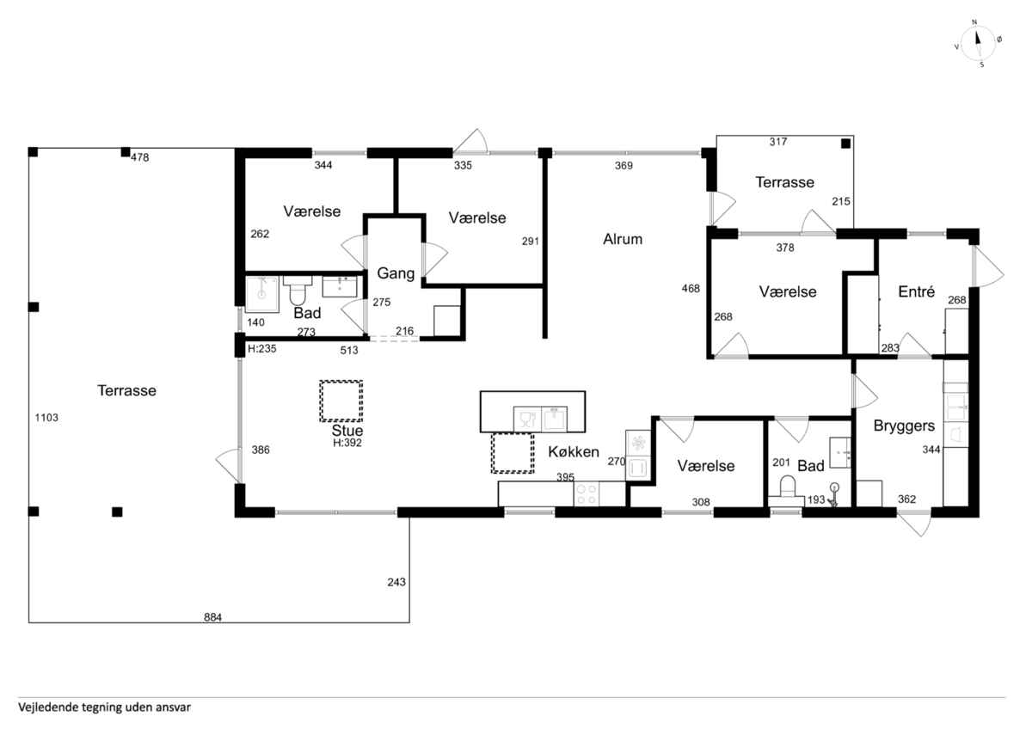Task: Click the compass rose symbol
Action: pyautogui.click(x=978, y=44)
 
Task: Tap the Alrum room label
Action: pyautogui.click(x=623, y=240)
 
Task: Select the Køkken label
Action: pyautogui.click(x=573, y=452)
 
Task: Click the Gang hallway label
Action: pyautogui.click(x=396, y=273)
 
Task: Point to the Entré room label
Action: pyautogui.click(x=917, y=291)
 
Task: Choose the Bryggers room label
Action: pyautogui.click(x=904, y=426)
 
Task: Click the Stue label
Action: pyautogui.click(x=347, y=431)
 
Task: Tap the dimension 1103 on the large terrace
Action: pyautogui.click(x=46, y=418)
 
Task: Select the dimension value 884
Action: pyautogui.click(x=213, y=617)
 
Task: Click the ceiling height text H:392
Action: pyautogui.click(x=347, y=443)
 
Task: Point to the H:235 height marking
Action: pyautogui.click(x=262, y=349)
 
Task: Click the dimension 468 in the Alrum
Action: pyautogui.click(x=691, y=289)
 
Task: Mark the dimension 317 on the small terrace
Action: pyautogui.click(x=778, y=142)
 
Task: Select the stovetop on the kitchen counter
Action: pyautogui.click(x=586, y=494)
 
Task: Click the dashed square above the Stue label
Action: pyautogui.click(x=341, y=401)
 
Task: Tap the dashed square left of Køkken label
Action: pyautogui.click(x=513, y=453)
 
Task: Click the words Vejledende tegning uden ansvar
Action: pyautogui.click(x=104, y=708)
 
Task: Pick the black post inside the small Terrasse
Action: pyautogui.click(x=846, y=144)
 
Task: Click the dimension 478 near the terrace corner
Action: pyautogui.click(x=139, y=157)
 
